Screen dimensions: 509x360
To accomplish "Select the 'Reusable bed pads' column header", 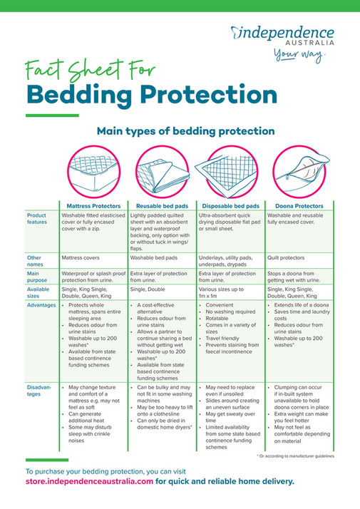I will click(161, 205).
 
